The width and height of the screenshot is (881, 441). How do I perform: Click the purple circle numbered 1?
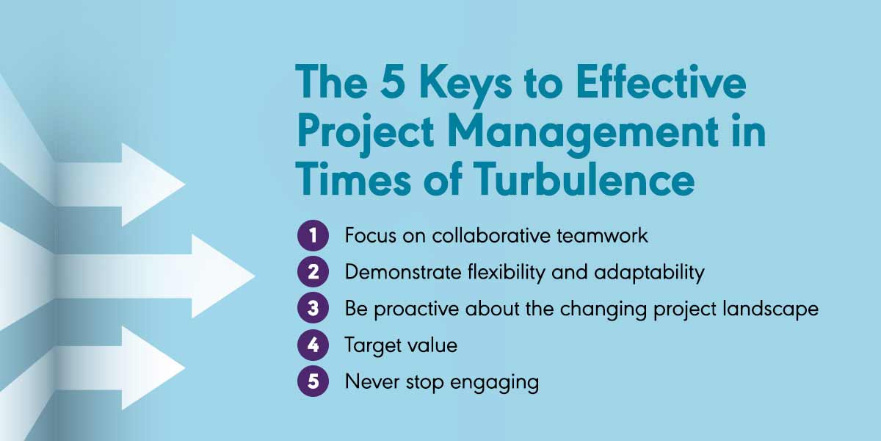313,235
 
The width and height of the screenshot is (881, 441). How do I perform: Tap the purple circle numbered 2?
313,272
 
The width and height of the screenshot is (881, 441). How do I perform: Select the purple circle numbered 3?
313,308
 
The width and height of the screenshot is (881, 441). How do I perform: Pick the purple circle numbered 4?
313,345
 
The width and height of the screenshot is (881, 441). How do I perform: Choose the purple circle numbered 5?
313,381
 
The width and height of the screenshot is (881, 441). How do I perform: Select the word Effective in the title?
661,82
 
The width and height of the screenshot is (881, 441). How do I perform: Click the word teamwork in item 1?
602,235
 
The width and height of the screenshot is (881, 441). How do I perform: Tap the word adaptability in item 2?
649,272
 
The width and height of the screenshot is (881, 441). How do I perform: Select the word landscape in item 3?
771,309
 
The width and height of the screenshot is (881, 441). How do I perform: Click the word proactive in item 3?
416,309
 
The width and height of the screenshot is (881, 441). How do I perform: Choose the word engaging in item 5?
494,383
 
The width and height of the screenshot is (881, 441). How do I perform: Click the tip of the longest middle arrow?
255,276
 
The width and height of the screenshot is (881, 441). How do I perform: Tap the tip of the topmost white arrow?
185,184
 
